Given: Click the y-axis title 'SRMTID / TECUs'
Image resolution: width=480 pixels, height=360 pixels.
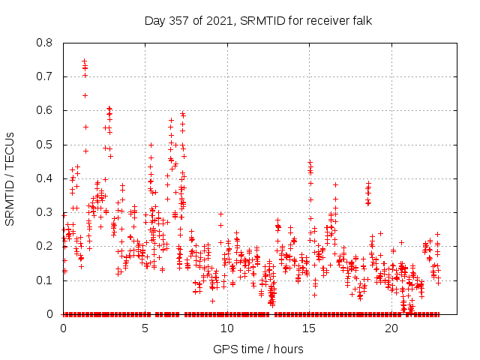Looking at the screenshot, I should click(x=10, y=178).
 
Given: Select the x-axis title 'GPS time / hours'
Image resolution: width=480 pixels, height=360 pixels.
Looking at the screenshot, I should click(x=259, y=349).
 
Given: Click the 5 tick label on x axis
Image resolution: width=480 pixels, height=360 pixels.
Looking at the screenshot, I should click(x=145, y=328).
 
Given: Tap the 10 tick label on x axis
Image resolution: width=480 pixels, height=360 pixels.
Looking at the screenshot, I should click(x=227, y=328).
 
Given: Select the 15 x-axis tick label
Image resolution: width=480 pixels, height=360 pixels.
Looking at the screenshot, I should click(x=310, y=328).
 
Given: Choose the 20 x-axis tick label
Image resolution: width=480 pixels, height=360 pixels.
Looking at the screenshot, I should click(x=391, y=328).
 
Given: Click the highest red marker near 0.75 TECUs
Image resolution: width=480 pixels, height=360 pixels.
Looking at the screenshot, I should click(x=84, y=61).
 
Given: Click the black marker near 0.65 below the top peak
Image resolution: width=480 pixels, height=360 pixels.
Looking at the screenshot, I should click(x=85, y=95).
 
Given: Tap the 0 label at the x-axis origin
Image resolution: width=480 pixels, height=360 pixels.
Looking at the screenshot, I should click(x=63, y=328).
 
